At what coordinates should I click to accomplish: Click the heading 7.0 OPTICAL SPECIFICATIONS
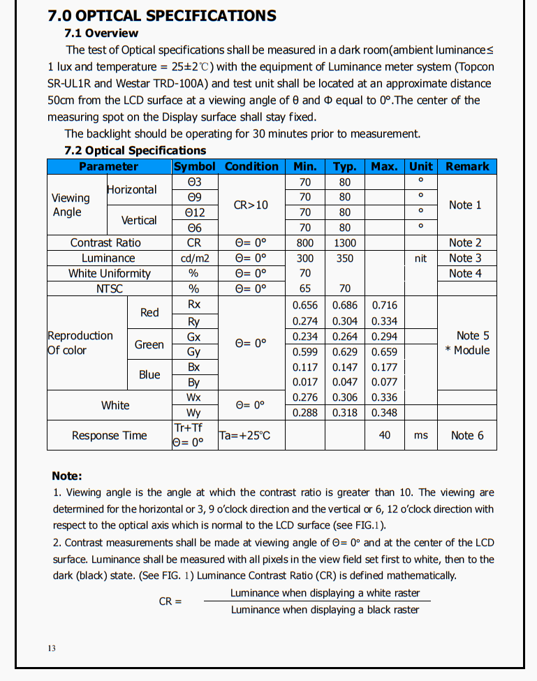point(162,15)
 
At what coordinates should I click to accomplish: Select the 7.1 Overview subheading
point(101,33)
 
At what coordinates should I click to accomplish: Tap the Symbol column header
point(196,166)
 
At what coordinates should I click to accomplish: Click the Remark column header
point(467,166)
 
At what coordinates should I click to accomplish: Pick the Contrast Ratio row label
point(105,242)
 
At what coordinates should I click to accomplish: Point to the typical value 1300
point(345,242)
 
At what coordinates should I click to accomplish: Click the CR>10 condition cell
point(251,205)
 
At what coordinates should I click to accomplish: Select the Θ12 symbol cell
point(195,212)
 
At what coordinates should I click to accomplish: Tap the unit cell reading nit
point(420,258)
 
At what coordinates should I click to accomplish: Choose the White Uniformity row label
point(109,273)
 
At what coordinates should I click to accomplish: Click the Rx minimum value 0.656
point(305,305)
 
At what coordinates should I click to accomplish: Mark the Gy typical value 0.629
point(345,352)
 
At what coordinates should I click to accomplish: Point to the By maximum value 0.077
point(384,382)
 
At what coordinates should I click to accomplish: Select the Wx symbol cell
point(194,397)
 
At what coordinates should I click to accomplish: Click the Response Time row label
point(110,435)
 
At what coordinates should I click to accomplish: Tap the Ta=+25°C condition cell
point(244,435)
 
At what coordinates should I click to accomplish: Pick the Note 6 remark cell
point(467,435)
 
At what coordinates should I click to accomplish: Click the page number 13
point(52,648)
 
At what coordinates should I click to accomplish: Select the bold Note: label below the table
point(67,476)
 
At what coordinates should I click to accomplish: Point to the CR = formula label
point(170,601)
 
